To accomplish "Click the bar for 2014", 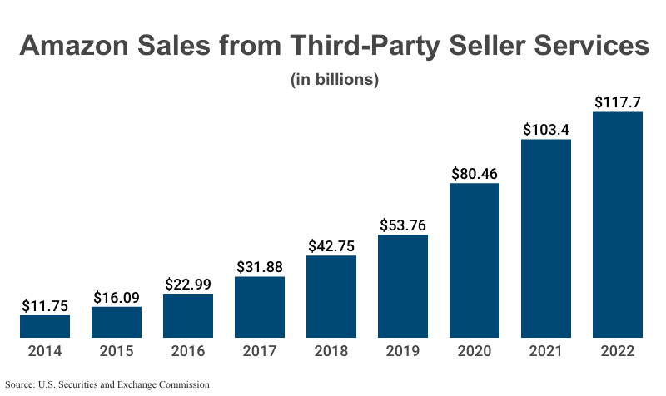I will click(45, 326).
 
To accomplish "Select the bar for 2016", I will click(188, 315).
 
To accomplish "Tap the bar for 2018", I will click(331, 296).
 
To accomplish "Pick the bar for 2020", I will click(475, 260).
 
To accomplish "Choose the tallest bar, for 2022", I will click(618, 225).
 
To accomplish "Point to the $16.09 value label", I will click(117, 296).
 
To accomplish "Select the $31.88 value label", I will click(260, 266).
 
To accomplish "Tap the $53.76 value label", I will click(403, 225).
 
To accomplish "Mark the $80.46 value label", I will click(475, 174).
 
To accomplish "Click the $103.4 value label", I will click(546, 130).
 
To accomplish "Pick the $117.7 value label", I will click(618, 102).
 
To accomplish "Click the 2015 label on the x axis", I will click(117, 351).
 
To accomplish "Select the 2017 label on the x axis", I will click(260, 351).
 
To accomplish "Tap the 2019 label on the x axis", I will click(403, 351).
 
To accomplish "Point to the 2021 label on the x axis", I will click(546, 351).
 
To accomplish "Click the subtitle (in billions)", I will click(335, 80).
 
